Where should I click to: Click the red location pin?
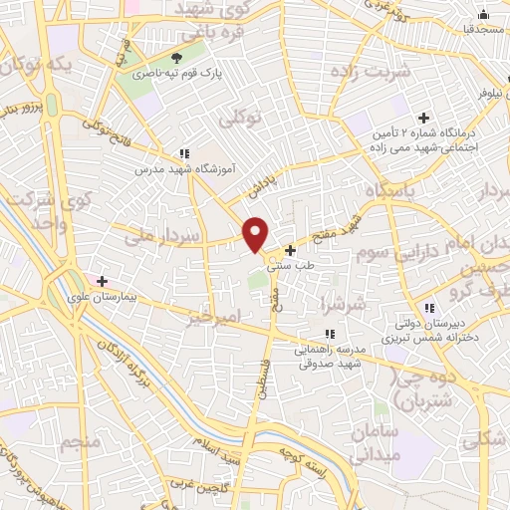(256, 233)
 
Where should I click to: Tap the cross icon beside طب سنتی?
(290, 250)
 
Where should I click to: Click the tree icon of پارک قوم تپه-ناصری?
(177, 60)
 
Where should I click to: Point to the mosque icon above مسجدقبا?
(483, 14)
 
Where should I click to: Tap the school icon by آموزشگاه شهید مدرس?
(183, 153)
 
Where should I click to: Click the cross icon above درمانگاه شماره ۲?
(424, 118)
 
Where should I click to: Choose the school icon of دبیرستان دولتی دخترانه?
(429, 308)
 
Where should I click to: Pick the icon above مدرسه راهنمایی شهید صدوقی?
(329, 335)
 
